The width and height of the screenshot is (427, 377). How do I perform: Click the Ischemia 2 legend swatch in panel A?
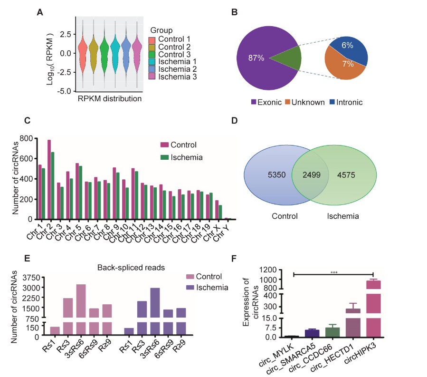(x=152, y=68)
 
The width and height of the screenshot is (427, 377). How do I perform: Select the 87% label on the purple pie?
(x=256, y=58)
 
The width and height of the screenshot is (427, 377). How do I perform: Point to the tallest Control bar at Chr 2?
(x=49, y=179)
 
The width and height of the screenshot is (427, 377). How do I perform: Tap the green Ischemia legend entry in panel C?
(x=180, y=157)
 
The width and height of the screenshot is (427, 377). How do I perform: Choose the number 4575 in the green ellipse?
(x=350, y=175)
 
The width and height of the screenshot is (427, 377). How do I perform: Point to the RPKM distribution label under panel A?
(x=110, y=99)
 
